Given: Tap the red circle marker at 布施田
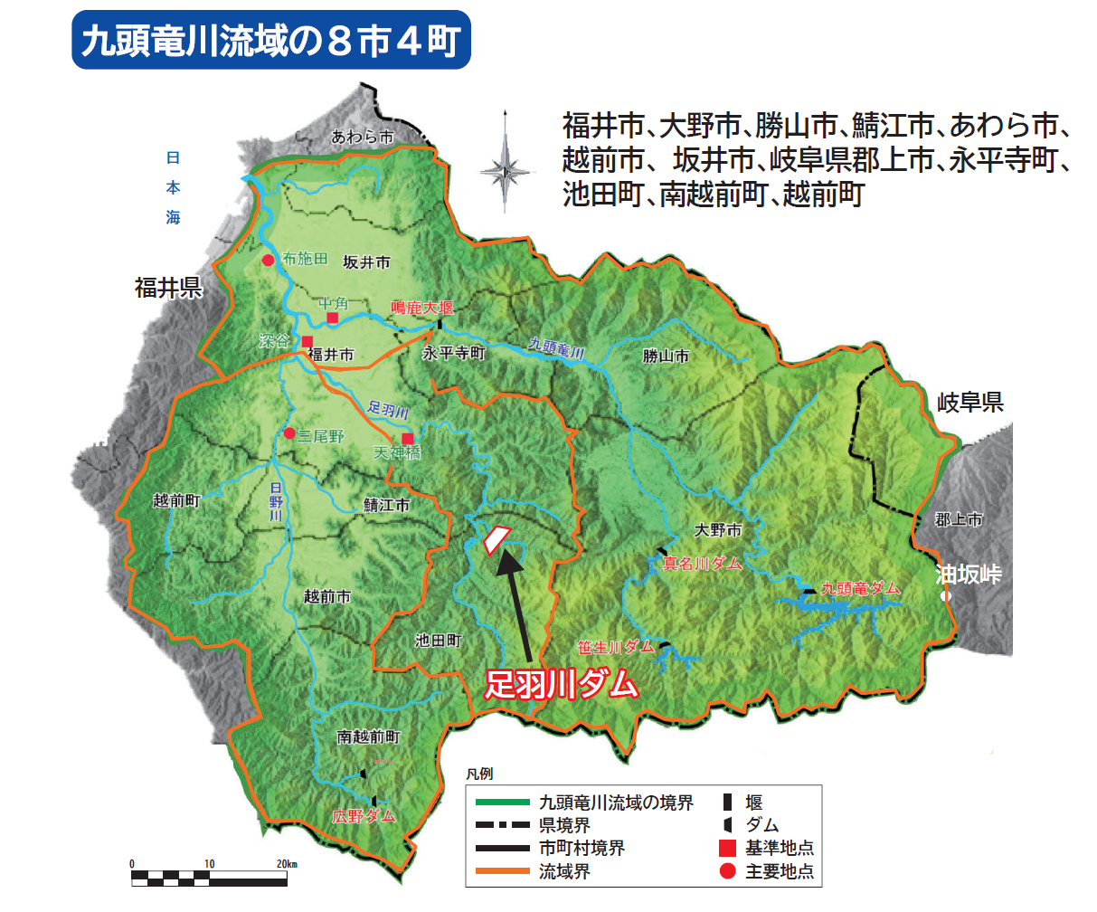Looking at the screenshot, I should tap(268, 261).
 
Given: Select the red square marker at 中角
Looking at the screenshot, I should tap(333, 318).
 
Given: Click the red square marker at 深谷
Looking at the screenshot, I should tap(307, 342).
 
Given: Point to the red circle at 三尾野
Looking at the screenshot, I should tap(289, 433).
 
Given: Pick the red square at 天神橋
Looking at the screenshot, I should tap(408, 438).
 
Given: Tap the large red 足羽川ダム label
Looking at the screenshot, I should tap(562, 684).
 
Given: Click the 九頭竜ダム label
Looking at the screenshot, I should tap(861, 588).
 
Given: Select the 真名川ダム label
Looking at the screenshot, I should tap(702, 564).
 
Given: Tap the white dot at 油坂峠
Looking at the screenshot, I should tap(945, 597).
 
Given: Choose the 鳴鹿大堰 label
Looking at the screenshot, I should tap(421, 309).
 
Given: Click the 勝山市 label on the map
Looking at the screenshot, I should tap(666, 356).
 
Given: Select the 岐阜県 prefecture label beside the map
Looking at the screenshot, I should tap(970, 403).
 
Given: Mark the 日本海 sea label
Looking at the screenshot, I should tap(173, 187).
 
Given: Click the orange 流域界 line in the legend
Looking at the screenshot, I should tap(496, 871).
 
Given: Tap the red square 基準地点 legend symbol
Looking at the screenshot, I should tap(727, 848).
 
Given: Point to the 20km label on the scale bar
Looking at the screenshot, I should tap(287, 864).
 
